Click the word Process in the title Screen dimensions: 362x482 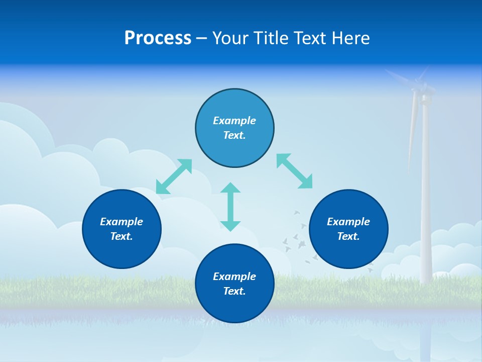click(x=158, y=38)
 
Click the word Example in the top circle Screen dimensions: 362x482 click(x=234, y=121)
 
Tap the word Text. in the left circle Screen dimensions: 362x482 click(x=122, y=236)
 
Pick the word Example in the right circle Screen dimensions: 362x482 click(x=348, y=222)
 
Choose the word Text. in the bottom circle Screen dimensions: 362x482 click(x=234, y=291)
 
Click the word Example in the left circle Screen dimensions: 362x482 click(x=122, y=222)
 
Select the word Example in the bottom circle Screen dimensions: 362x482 click(x=234, y=277)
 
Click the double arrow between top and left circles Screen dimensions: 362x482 click(x=174, y=176)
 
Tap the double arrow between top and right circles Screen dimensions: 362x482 click(x=294, y=171)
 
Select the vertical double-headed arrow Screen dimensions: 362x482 click(x=230, y=207)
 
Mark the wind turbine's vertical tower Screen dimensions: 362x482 click(x=426, y=201)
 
